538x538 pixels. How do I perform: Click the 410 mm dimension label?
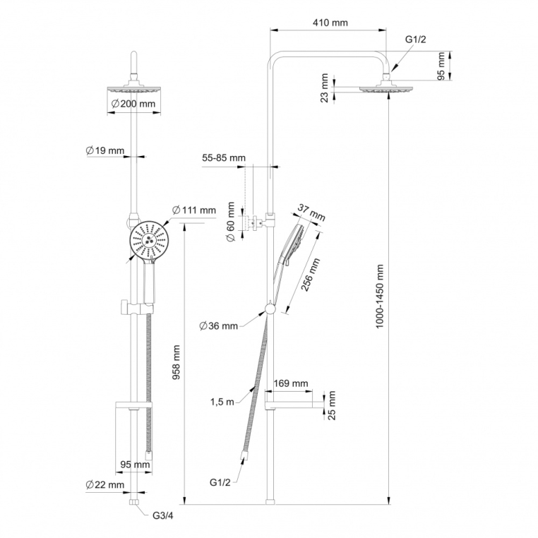pos(330,23)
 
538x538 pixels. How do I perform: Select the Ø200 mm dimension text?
pos(133,104)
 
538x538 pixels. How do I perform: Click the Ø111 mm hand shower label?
pos(193,210)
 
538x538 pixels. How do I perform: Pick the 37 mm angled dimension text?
pos(312,210)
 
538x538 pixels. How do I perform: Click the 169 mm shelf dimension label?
pos(291,383)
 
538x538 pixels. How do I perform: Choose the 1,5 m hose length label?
pos(221,402)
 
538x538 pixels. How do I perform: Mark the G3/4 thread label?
pos(164,515)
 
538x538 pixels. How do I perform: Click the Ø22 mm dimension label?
pos(104,484)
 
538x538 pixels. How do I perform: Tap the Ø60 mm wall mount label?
pos(230,222)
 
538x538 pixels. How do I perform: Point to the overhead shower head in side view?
pos(385,88)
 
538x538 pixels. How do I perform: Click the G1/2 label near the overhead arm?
pos(415,40)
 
